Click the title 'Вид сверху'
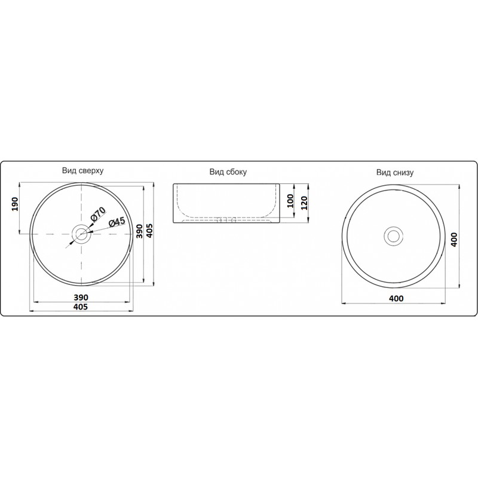[82, 170]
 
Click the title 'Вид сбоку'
[228, 172]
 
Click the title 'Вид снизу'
[395, 173]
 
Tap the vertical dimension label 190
[15, 204]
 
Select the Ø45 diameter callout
[117, 222]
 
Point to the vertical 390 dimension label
[139, 231]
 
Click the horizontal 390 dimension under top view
[81, 297]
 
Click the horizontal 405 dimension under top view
[81, 307]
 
